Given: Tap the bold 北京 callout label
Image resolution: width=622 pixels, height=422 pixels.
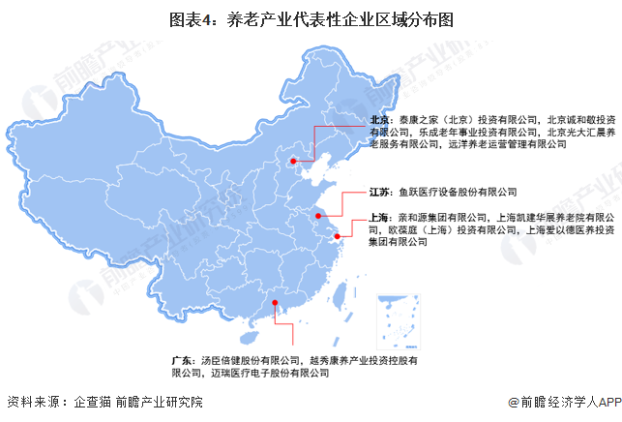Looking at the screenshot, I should pos(381,121).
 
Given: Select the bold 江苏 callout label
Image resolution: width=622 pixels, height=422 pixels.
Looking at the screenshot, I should pos(381,192).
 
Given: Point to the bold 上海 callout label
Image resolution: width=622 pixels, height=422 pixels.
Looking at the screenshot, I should pos(381,219).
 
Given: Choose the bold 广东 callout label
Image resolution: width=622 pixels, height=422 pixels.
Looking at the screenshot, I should pos(184,360).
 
